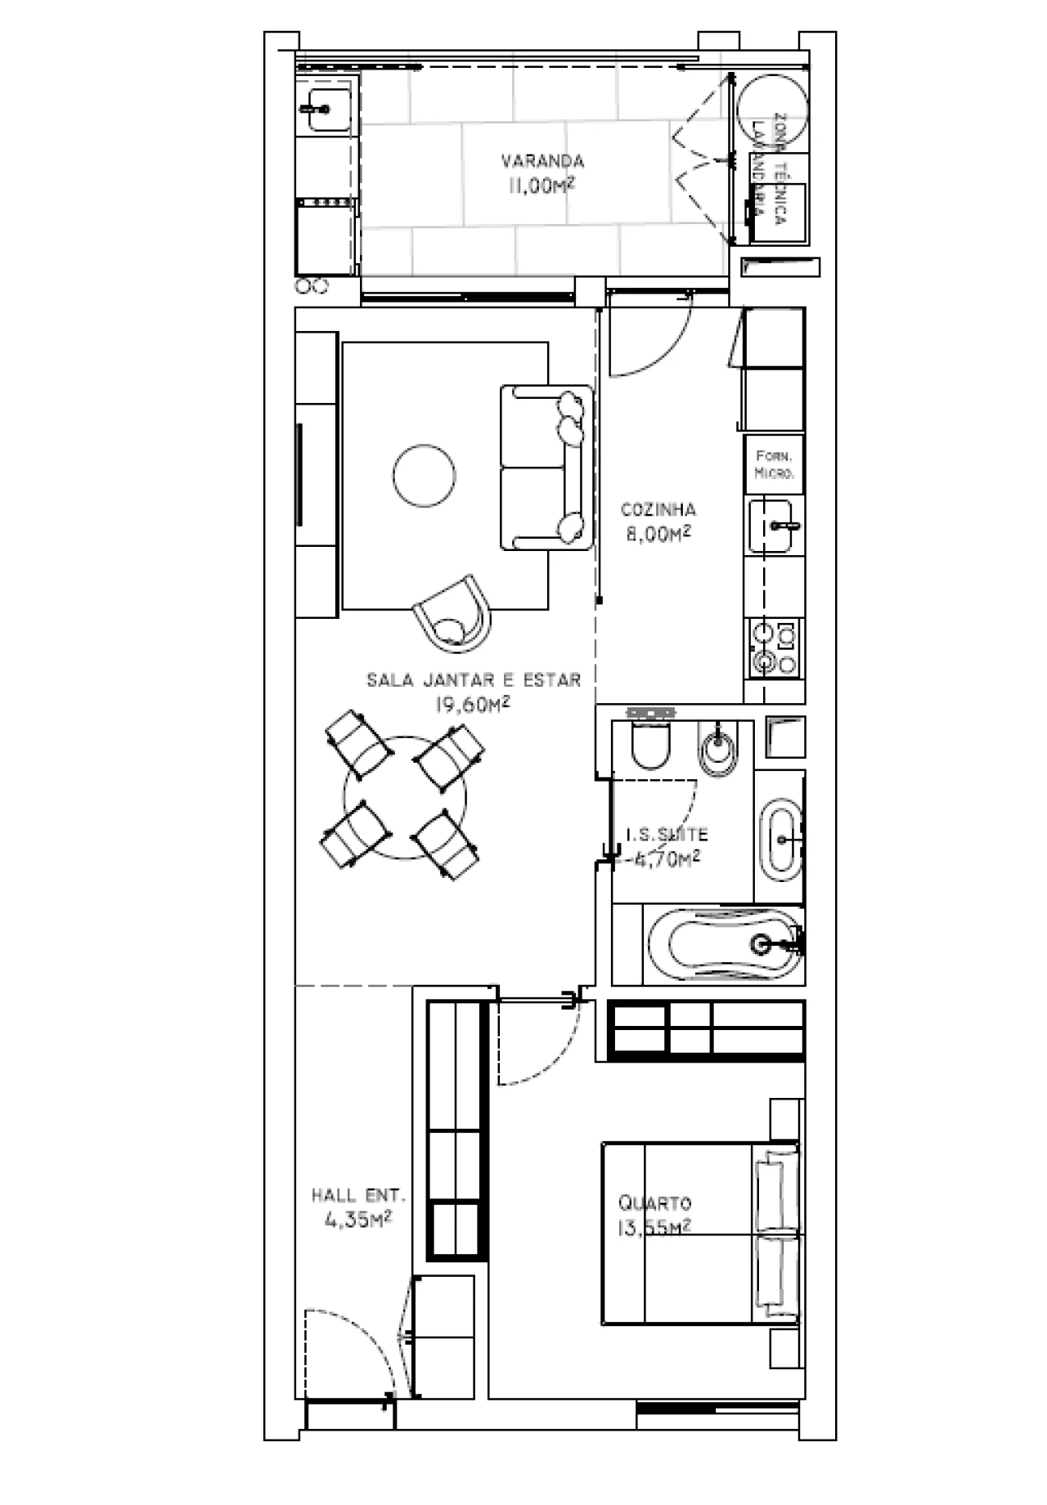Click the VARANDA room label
542,160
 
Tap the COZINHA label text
658,510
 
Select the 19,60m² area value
473,705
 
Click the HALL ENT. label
358,1195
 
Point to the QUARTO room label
654,1203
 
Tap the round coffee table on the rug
424,476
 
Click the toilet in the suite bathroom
651,745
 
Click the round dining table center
405,798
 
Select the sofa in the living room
546,468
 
